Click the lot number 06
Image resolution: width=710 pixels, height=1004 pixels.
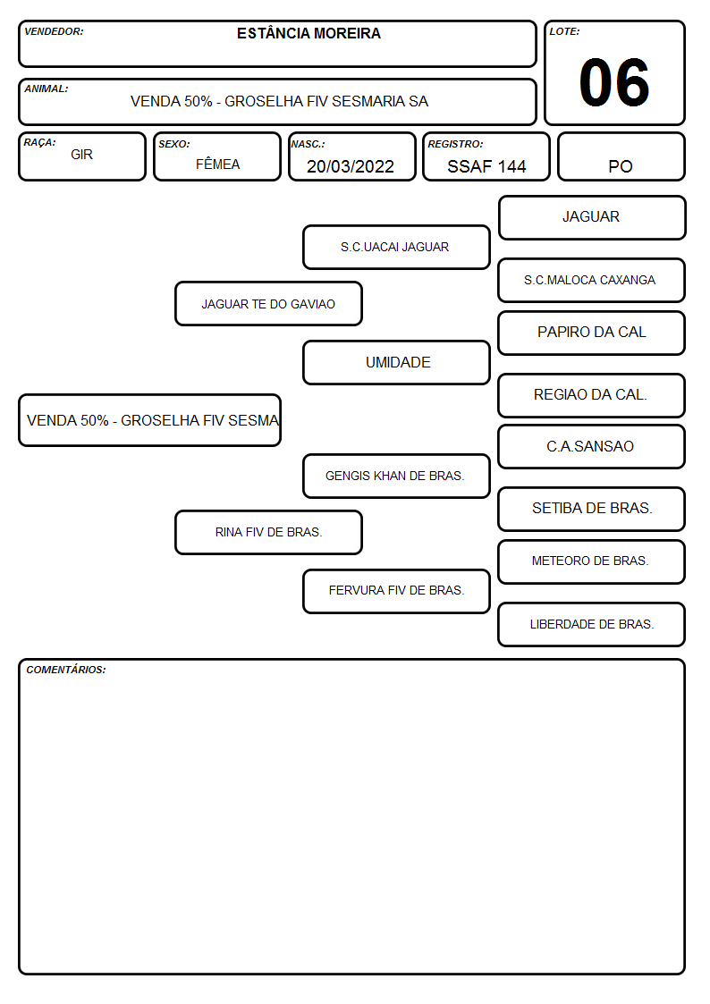(614, 82)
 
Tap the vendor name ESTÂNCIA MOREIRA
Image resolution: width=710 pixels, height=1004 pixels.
(309, 33)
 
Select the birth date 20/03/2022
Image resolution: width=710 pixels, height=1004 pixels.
(351, 166)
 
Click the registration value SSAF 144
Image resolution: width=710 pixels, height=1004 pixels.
(486, 166)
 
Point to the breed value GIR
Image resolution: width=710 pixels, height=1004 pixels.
(82, 155)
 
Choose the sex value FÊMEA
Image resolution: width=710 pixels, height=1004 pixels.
(217, 164)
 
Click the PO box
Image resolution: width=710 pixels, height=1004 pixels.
(621, 156)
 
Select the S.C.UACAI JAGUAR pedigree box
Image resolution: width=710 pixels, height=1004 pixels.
(396, 247)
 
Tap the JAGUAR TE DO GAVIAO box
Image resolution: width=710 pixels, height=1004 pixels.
(269, 303)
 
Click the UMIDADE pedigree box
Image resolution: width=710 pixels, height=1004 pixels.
(396, 362)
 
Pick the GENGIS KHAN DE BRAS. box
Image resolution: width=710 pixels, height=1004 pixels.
(396, 476)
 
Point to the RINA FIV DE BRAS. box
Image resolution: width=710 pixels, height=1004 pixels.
(269, 532)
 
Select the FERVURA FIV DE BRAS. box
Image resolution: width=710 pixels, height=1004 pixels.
(396, 591)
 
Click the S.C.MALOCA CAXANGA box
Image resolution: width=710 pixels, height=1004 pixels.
(592, 280)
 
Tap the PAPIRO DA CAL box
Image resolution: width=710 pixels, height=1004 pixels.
(592, 333)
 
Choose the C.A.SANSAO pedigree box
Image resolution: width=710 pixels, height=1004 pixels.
(592, 446)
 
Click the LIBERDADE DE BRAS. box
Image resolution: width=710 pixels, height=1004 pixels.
(592, 624)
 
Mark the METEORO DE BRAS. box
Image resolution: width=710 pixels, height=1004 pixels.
(592, 561)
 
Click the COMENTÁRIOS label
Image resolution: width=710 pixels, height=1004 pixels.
(66, 670)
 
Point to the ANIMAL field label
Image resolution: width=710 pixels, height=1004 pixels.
(46, 89)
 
